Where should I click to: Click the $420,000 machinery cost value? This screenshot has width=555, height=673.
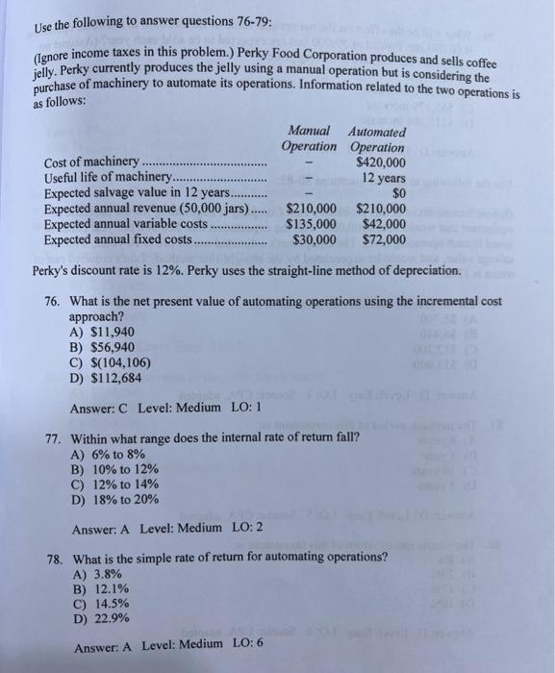pyautogui.click(x=379, y=162)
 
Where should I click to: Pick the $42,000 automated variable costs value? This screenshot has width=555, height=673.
pyautogui.click(x=382, y=224)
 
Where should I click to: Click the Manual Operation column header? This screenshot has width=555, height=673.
pyautogui.click(x=309, y=138)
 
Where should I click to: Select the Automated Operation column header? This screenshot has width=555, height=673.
pyautogui.click(x=378, y=138)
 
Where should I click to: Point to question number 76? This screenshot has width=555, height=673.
pyautogui.click(x=56, y=301)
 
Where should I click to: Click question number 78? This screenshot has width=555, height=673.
pyautogui.click(x=56, y=558)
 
